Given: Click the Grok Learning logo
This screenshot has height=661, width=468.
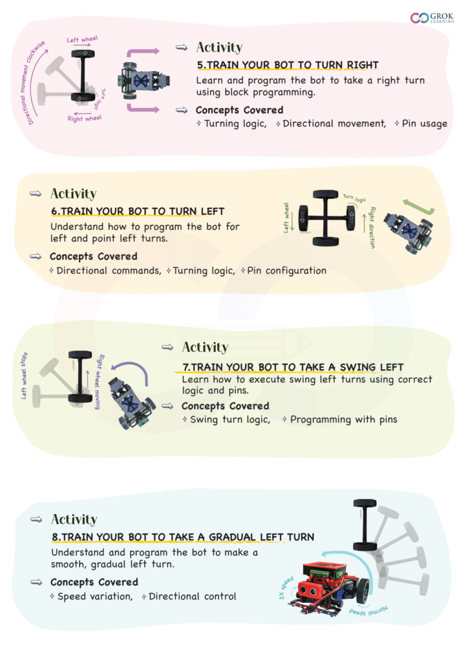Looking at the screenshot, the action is [432, 17].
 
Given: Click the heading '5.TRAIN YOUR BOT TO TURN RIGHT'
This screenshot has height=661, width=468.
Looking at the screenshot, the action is [288, 65].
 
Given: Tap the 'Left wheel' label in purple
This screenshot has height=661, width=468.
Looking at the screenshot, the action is [82, 39].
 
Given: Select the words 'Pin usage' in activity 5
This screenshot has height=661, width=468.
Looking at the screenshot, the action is [424, 123].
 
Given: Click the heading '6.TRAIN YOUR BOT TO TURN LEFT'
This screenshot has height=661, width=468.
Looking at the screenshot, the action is [138, 211].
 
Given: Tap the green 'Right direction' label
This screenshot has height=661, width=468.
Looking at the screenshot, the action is [372, 227].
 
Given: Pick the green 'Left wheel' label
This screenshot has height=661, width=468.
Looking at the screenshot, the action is [286, 218].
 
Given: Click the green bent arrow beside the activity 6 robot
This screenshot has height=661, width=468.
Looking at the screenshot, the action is [418, 207].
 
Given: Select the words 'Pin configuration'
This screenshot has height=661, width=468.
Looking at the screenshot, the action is [286, 270].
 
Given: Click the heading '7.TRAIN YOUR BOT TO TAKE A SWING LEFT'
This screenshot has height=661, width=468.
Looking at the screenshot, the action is [293, 367].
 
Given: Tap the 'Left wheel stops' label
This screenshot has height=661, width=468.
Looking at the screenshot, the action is [24, 376].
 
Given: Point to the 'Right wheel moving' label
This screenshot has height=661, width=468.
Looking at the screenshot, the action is [98, 381].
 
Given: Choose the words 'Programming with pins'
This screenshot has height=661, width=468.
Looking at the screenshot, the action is [343, 420].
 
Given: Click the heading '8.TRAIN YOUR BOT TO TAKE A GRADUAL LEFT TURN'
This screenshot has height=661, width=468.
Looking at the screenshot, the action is [183, 537].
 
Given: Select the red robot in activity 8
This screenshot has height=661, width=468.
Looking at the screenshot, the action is [329, 589].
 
